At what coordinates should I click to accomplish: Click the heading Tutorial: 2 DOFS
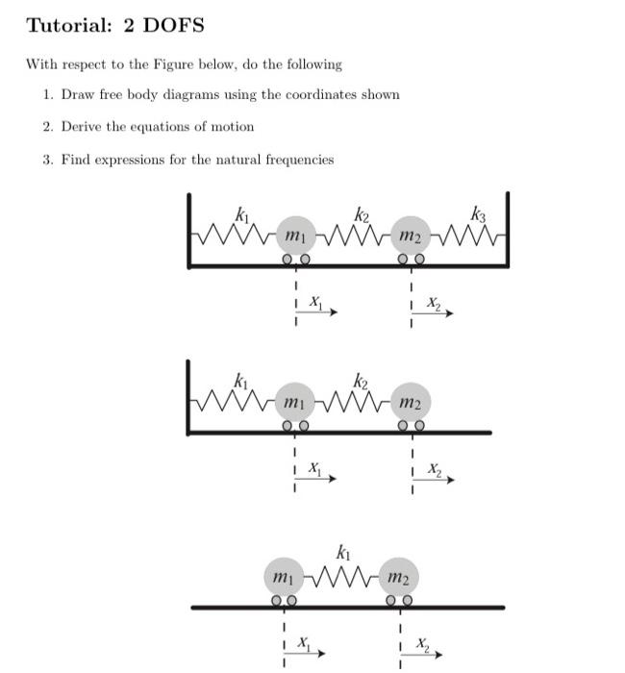click(x=115, y=26)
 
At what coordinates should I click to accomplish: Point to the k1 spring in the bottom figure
click(x=341, y=576)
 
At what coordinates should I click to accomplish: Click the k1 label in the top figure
click(x=241, y=213)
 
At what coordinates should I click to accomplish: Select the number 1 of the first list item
click(x=47, y=94)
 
